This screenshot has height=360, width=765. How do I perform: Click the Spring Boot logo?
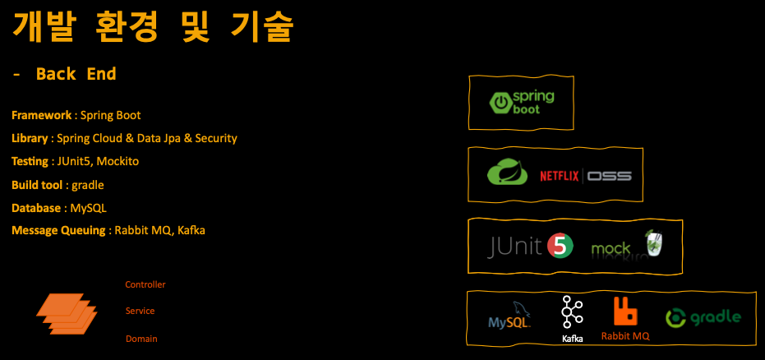(521, 102)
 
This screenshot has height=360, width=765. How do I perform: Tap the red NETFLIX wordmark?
(560, 176)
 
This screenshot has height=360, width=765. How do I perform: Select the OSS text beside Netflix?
(609, 176)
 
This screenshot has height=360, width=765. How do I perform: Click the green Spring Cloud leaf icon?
(508, 173)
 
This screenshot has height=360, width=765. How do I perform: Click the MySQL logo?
(509, 317)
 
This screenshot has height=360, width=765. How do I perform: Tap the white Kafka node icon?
(572, 312)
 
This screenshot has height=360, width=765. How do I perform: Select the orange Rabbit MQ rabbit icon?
(625, 312)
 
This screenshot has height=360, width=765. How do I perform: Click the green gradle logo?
(703, 317)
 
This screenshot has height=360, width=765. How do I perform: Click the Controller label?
(145, 284)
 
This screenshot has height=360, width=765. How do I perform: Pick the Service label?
(140, 312)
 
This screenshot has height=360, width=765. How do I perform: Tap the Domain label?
(141, 339)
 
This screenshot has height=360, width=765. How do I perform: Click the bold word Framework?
(41, 115)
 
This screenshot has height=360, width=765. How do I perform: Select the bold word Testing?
(30, 161)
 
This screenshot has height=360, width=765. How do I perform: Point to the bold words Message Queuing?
(59, 230)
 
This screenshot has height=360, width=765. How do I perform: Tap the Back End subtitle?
(76, 74)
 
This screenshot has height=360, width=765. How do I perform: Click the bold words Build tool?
(37, 185)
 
